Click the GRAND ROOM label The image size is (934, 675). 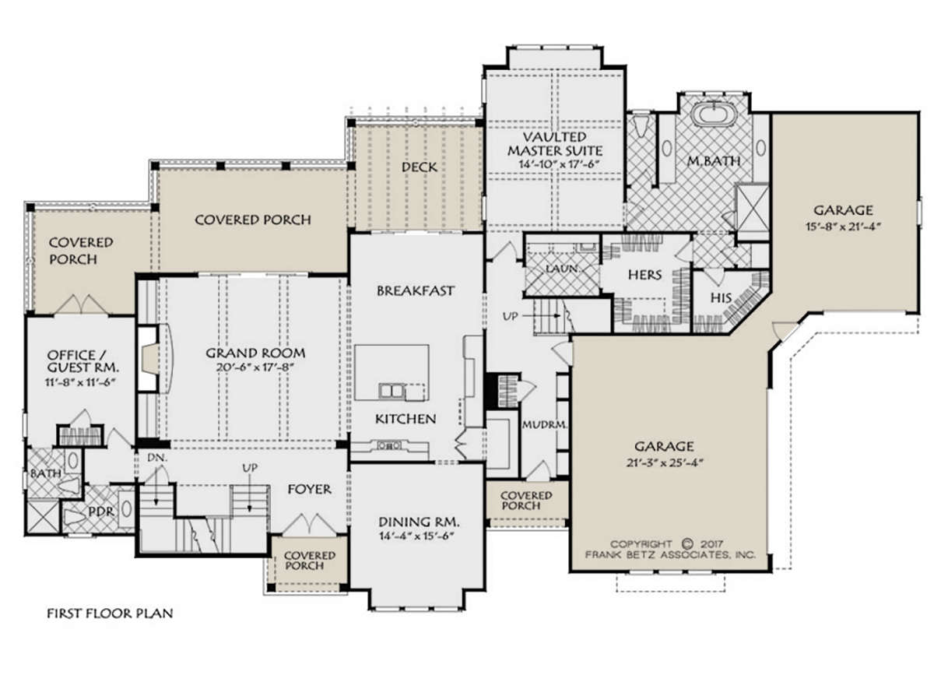255,353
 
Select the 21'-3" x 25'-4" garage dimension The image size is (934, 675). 665,462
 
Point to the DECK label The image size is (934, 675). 419,167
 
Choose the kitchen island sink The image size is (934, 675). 392,391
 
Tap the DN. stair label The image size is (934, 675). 156,457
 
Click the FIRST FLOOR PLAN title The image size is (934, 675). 110,613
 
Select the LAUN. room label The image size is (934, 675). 563,269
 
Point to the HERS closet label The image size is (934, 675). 644,275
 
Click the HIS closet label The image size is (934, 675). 721,298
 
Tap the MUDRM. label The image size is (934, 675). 545,424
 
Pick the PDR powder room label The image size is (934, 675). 101,512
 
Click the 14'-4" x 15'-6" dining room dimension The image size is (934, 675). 416,536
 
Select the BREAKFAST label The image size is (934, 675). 416,290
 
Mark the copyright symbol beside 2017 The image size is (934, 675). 686,544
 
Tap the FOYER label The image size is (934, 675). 310,489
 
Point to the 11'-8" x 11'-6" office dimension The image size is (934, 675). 79,381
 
